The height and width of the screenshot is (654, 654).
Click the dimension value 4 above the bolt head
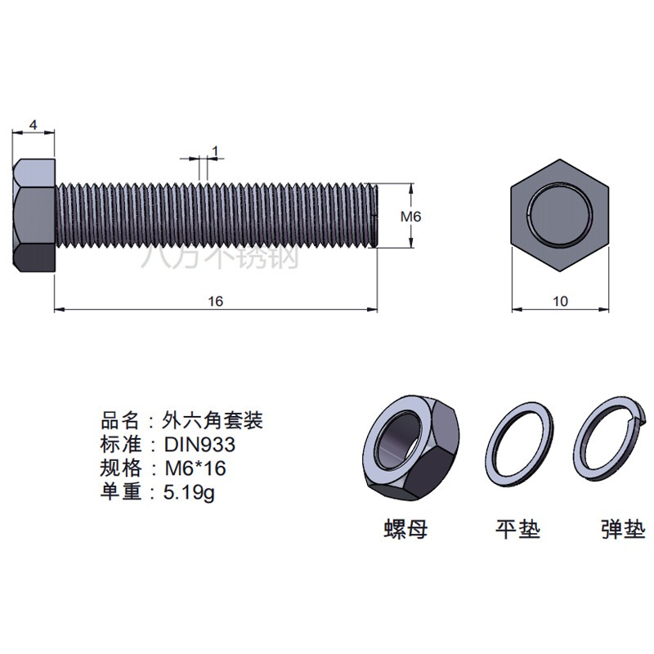[x=34, y=125]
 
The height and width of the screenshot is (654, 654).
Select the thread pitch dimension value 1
[x=215, y=151]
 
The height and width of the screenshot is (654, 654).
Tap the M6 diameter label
[x=411, y=217]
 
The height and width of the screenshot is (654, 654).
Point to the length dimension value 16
[x=216, y=301]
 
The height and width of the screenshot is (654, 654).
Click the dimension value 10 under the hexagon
[x=560, y=301]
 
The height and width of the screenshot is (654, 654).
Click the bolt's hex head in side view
[x=34, y=215]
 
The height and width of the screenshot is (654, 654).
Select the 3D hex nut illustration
[x=412, y=448]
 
